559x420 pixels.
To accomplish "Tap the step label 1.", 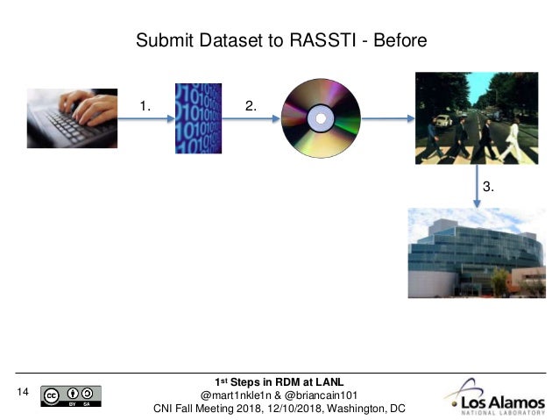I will point(145,106).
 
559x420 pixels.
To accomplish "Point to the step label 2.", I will point(251,106).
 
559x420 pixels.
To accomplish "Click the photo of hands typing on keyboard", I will point(72,118).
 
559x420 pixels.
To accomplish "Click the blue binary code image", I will point(197,117).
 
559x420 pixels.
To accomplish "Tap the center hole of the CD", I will point(320,117).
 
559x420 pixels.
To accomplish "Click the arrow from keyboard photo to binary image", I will point(145,119).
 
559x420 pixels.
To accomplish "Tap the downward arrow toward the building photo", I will point(476,188).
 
